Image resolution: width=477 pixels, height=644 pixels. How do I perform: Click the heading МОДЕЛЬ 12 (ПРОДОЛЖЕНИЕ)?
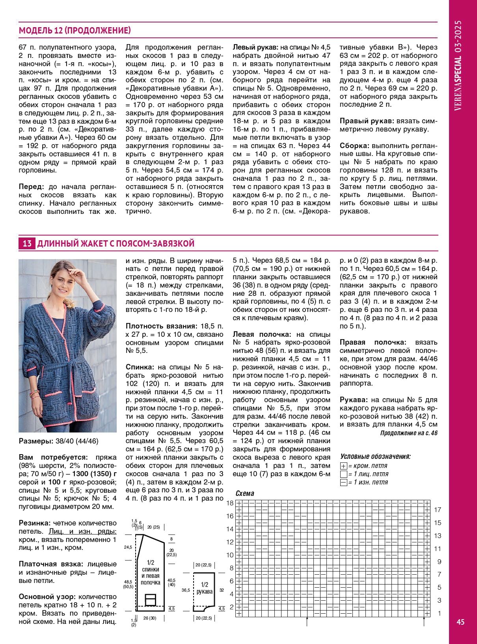tap(75, 31)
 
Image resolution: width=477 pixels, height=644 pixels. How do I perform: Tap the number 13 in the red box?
tap(27, 243)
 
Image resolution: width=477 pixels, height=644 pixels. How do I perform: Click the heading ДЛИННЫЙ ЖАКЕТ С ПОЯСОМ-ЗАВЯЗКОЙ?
tap(116, 243)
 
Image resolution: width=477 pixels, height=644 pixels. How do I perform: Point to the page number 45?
tap(460, 622)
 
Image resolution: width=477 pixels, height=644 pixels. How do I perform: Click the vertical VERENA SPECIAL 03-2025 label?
tap(458, 65)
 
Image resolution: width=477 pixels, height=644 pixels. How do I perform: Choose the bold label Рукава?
tap(354, 400)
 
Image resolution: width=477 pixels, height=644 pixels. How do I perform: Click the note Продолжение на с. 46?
tap(409, 433)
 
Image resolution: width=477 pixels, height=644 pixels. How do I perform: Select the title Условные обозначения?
tap(375, 457)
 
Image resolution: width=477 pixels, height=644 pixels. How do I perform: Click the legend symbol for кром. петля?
tap(343, 466)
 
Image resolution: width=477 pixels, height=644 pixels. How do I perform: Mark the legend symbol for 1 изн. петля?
tap(343, 483)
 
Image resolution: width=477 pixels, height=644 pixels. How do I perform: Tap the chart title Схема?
tap(245, 494)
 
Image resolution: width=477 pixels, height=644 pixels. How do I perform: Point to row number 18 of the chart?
tap(230, 503)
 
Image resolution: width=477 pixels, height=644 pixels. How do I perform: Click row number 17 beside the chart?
tap(438, 510)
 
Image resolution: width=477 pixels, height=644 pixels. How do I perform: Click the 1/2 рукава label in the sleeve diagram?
tap(205, 588)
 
